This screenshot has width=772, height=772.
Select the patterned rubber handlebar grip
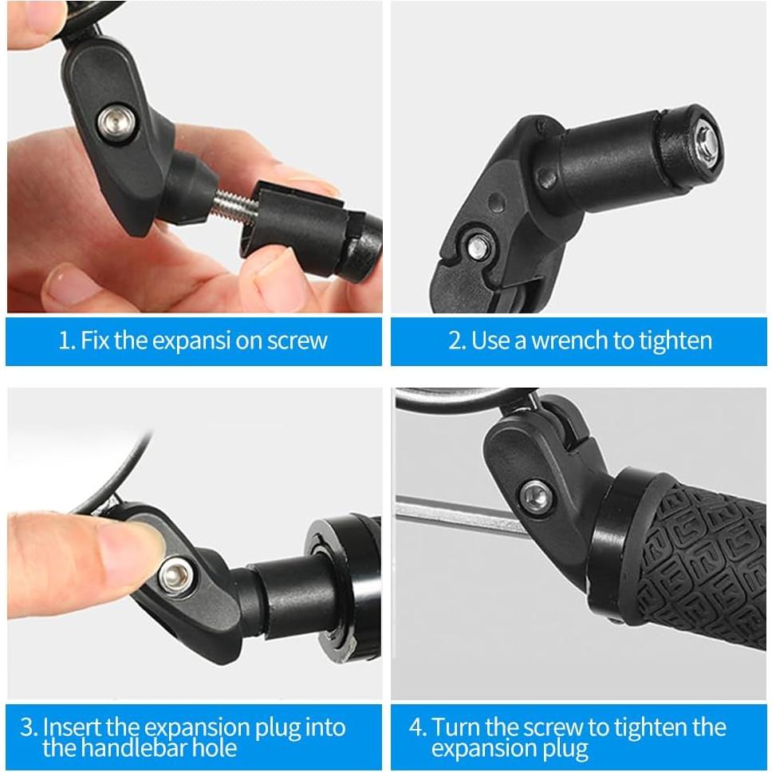click(x=694, y=558)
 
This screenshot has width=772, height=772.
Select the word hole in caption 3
click(x=213, y=747)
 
